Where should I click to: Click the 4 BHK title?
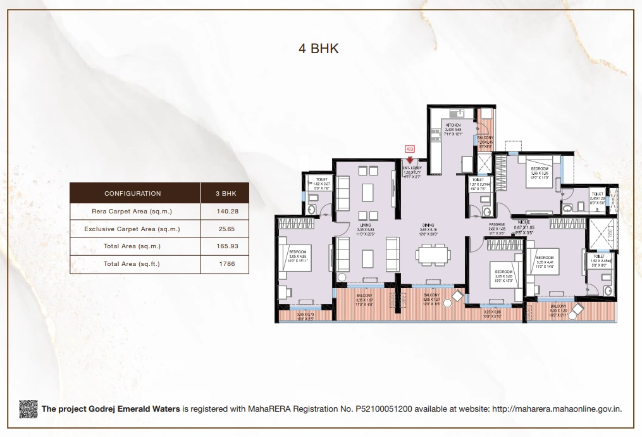pos(319,49)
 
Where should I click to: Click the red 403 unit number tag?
pos(409,149)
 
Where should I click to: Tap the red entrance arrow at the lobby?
pos(409,161)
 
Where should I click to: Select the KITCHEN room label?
pos(454,125)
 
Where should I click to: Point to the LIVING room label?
pos(366,225)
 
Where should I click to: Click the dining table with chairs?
pos(433,255)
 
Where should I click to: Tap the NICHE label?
pos(522,222)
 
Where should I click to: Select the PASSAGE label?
pos(497,225)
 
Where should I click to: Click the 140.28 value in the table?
pos(225,212)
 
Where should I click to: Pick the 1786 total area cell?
pos(225,264)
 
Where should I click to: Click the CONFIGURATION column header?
pos(133,193)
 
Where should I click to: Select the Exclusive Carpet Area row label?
pos(132,229)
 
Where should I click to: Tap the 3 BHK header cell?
pos(225,193)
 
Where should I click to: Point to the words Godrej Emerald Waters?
pos(139,409)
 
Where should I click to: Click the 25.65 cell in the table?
pos(225,229)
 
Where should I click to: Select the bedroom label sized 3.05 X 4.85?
pos(298,251)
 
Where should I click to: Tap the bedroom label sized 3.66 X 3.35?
pos(540,168)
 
